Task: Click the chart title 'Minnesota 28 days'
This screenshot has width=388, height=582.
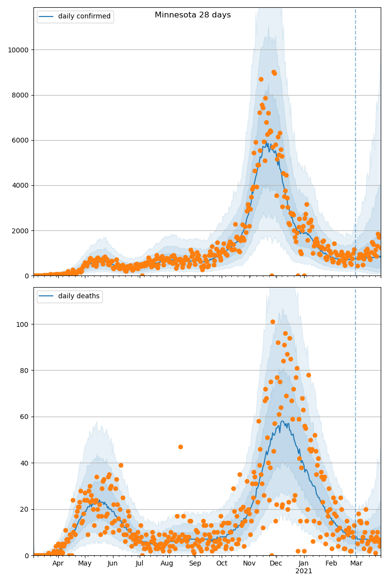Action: (193, 15)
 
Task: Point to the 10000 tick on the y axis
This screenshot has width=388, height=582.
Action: (17, 49)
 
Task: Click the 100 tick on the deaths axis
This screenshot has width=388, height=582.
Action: (21, 324)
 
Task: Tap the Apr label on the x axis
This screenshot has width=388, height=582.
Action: (58, 564)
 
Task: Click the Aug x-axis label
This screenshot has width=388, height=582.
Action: (167, 564)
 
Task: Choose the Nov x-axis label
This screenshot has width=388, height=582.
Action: (249, 564)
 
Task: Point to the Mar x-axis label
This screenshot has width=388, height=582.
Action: (356, 564)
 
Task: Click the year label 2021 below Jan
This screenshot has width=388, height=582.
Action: (304, 571)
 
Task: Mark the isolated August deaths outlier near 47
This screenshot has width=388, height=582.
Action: (180, 447)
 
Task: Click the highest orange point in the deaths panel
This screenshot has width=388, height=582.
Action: (273, 322)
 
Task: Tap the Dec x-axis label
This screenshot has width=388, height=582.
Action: (276, 564)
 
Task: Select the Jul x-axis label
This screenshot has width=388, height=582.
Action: (140, 564)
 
